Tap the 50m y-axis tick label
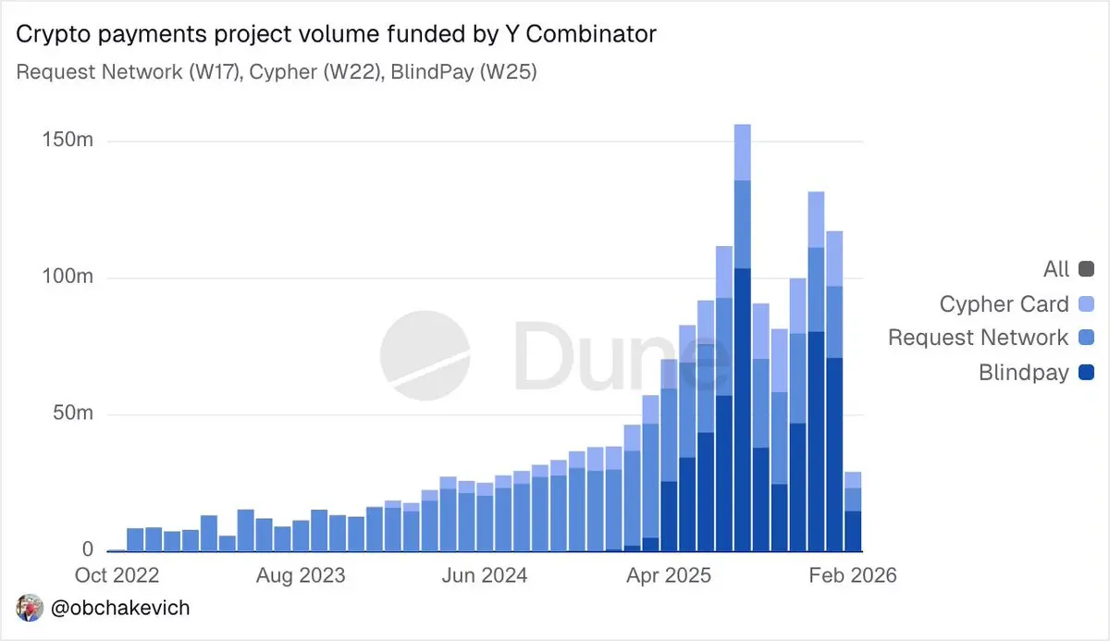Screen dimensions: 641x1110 [x=73, y=413]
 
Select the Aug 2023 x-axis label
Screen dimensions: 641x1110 [x=301, y=575]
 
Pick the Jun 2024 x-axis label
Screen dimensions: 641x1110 [x=485, y=575]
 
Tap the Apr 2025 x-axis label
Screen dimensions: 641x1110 [x=669, y=575]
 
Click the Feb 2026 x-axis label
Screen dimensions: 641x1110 [x=851, y=575]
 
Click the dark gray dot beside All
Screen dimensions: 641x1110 [x=1086, y=269]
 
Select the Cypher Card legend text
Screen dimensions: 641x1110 [x=1004, y=303]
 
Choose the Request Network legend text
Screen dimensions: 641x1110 [x=978, y=338]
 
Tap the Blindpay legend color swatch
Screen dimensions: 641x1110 [x=1086, y=373]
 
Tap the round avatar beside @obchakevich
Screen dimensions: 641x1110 [x=29, y=609]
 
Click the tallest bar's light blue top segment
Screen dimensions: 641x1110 [x=742, y=152]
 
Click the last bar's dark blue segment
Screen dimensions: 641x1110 [x=852, y=531]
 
